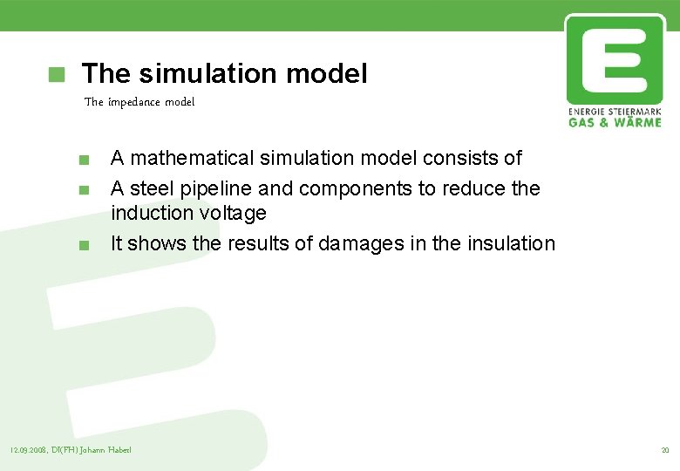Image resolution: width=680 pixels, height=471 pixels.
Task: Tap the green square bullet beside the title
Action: [57, 74]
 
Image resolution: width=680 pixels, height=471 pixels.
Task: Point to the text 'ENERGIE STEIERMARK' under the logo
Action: [614, 112]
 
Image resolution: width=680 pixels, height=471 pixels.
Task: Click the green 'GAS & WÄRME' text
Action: [614, 122]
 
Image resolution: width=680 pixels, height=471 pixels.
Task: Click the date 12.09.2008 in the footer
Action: [27, 450]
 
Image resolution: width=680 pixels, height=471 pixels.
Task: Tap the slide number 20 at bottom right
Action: [664, 450]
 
